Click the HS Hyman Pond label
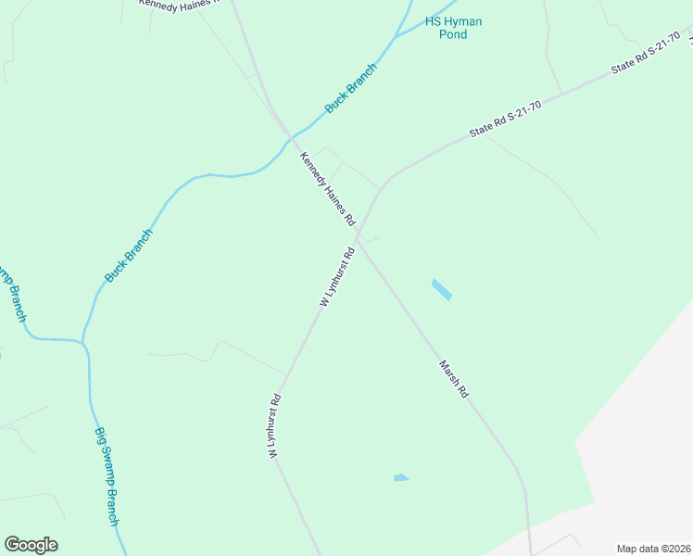click(x=453, y=28)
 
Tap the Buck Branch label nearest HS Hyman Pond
click(x=351, y=89)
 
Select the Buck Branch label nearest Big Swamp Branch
click(x=128, y=256)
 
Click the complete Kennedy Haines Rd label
click(x=327, y=191)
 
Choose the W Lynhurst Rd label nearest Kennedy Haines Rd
click(x=337, y=277)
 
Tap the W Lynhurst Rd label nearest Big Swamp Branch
click(x=274, y=428)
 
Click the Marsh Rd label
click(x=454, y=380)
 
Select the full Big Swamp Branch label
click(x=107, y=476)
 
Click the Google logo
click(x=31, y=545)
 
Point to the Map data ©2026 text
click(x=652, y=549)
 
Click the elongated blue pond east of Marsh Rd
click(x=442, y=289)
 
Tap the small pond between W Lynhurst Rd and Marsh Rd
click(x=400, y=478)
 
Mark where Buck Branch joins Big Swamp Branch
click(x=84, y=343)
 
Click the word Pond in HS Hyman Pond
click(x=453, y=34)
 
